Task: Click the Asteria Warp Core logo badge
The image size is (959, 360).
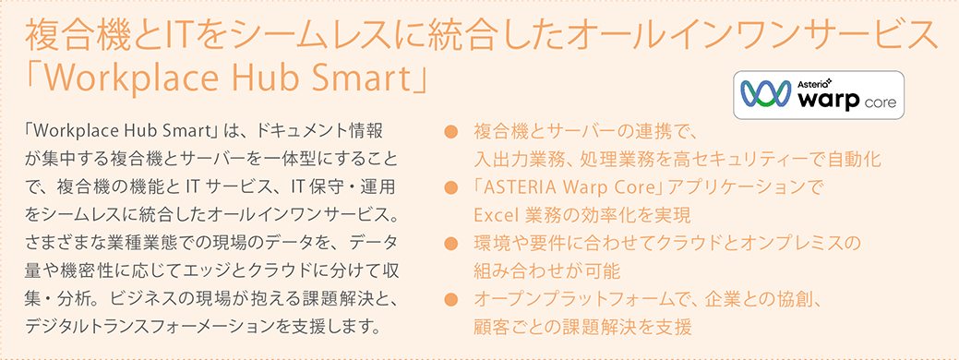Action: point(819,95)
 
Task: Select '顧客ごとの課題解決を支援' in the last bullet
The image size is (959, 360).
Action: point(582,327)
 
